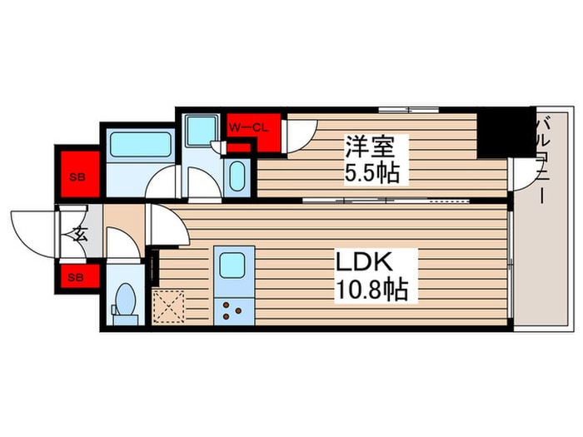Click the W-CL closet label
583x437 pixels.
click(x=247, y=127)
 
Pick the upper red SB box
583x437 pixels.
click(x=77, y=176)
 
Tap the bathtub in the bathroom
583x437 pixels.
click(x=140, y=143)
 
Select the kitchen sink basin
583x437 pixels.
click(x=229, y=266)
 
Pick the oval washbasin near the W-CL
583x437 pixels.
click(x=237, y=176)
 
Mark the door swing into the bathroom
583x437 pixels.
click(x=164, y=181)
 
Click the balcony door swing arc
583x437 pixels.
click(x=523, y=173)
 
